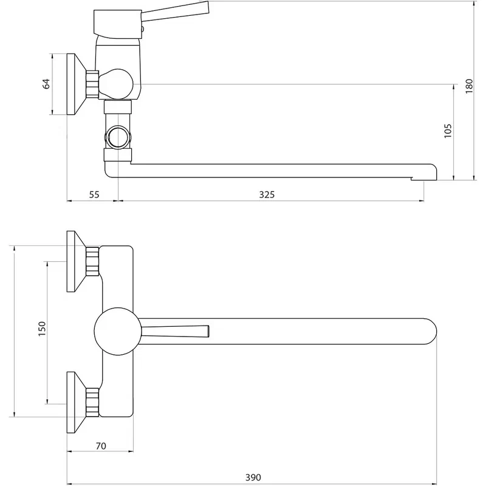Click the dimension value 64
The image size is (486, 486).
point(46,84)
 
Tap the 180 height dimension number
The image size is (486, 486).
point(469,86)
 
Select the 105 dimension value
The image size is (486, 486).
point(448,131)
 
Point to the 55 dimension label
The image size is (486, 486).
point(94,194)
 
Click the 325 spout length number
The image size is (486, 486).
point(267,194)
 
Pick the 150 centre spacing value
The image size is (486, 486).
point(41,329)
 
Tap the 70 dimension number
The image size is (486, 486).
point(101,446)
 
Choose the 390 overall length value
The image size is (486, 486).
point(253,477)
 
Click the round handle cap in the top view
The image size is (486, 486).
point(118,331)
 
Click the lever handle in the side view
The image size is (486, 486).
point(175,12)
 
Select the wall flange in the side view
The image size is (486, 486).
point(77,84)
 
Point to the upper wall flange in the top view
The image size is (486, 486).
point(77,261)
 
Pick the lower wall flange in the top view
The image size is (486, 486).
point(77,402)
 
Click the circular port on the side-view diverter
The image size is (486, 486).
point(118,137)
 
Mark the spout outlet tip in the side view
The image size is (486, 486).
point(423,179)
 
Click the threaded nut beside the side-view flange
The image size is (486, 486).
point(92,84)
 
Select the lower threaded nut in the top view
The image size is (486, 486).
point(92,402)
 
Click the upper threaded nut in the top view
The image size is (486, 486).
point(92,261)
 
